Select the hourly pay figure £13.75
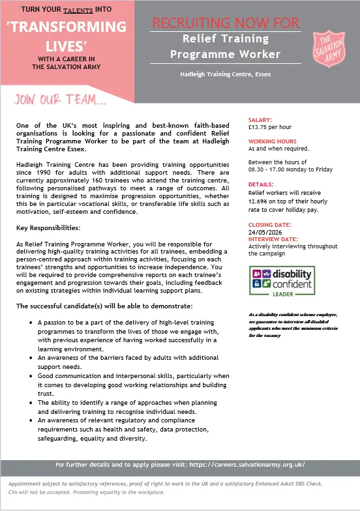pyautogui.click(x=259, y=126)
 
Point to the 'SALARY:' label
pyautogui.click(x=261, y=120)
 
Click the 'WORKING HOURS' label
pyautogui.click(x=272, y=141)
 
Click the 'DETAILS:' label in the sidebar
pyautogui.click(x=261, y=184)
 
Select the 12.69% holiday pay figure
pyautogui.click(x=261, y=200)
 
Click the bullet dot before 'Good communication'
pyautogui.click(x=33, y=377)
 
